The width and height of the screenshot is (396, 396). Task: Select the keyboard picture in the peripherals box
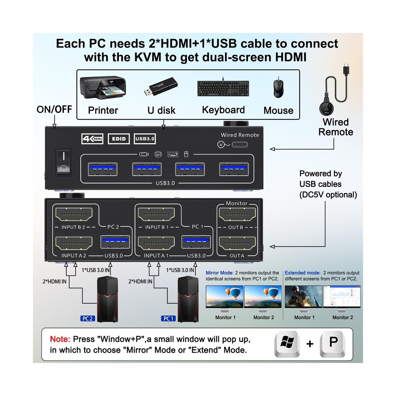pyautogui.click(x=223, y=88)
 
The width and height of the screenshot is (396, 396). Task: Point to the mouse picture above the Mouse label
pyautogui.click(x=278, y=88)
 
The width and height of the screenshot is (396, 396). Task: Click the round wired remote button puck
pyautogui.click(x=326, y=108)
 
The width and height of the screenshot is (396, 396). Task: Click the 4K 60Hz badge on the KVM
pyautogui.click(x=92, y=139)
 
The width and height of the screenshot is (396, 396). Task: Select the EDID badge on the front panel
pyautogui.click(x=118, y=139)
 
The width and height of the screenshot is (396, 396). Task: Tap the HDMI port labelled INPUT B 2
pyautogui.click(x=74, y=214)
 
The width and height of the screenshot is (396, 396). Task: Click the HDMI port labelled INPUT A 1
pyautogui.click(x=156, y=243)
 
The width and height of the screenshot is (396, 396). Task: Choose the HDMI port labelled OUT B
pyautogui.click(x=237, y=214)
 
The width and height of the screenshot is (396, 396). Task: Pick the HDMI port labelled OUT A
pyautogui.click(x=237, y=243)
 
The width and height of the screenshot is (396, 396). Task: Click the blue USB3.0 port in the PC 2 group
pyautogui.click(x=115, y=242)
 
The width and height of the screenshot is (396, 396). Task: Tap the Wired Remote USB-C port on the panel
pyautogui.click(x=240, y=145)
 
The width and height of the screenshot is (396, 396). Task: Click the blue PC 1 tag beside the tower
pyautogui.click(x=168, y=318)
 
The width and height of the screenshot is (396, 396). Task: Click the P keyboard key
pyautogui.click(x=333, y=344)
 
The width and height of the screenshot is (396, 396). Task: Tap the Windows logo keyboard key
pyautogui.click(x=287, y=344)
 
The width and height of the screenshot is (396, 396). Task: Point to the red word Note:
pyautogui.click(x=60, y=339)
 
